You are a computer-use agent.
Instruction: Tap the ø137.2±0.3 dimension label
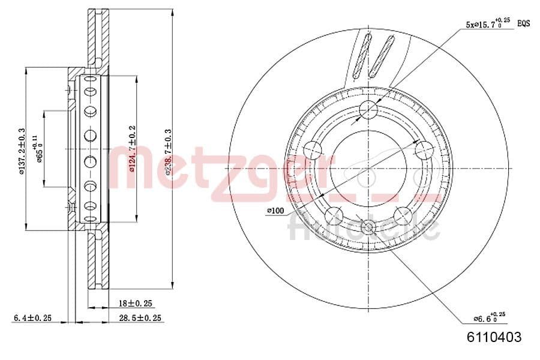coord(21,151)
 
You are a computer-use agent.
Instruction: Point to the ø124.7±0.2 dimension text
coord(132,149)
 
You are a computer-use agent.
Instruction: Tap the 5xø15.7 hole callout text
coord(487,24)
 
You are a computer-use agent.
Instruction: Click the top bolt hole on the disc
coord(368,109)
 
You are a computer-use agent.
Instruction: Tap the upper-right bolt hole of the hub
coord(424,149)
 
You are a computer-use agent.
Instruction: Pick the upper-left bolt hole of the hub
coord(313,149)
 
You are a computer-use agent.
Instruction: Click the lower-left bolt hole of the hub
coord(334,215)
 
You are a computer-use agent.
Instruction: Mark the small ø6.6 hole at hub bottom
coord(368,227)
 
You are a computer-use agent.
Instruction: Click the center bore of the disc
coord(368,168)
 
